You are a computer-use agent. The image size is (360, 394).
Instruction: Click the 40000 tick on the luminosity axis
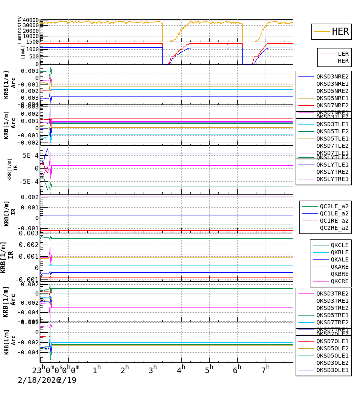(x=31, y=20)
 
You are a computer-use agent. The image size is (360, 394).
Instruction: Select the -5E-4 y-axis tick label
(x=30, y=181)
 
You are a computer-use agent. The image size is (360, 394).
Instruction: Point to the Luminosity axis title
(x=20, y=30)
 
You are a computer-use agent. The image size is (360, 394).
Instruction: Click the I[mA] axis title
(x=23, y=52)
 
